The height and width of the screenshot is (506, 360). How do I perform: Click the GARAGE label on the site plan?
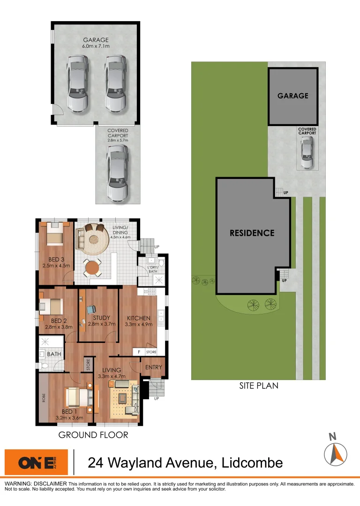pyautogui.click(x=293, y=96)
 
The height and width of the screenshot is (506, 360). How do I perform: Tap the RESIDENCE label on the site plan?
pyautogui.click(x=252, y=233)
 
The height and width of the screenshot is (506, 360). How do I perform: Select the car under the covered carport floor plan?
pyautogui.click(x=117, y=172)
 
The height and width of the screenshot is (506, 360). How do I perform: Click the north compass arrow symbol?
pyautogui.click(x=336, y=453)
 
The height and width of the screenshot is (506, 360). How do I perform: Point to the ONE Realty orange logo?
pyautogui.click(x=36, y=462)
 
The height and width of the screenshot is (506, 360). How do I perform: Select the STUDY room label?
pyautogui.click(x=98, y=318)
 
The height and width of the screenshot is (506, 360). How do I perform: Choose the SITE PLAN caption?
pyautogui.click(x=258, y=386)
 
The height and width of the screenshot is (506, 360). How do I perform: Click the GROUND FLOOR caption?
pyautogui.click(x=93, y=435)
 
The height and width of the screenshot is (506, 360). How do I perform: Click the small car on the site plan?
pyautogui.click(x=307, y=154)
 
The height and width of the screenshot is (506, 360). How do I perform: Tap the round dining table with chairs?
pyautogui.click(x=92, y=268)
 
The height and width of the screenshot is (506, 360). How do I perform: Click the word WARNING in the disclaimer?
pyautogui.click(x=20, y=484)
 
